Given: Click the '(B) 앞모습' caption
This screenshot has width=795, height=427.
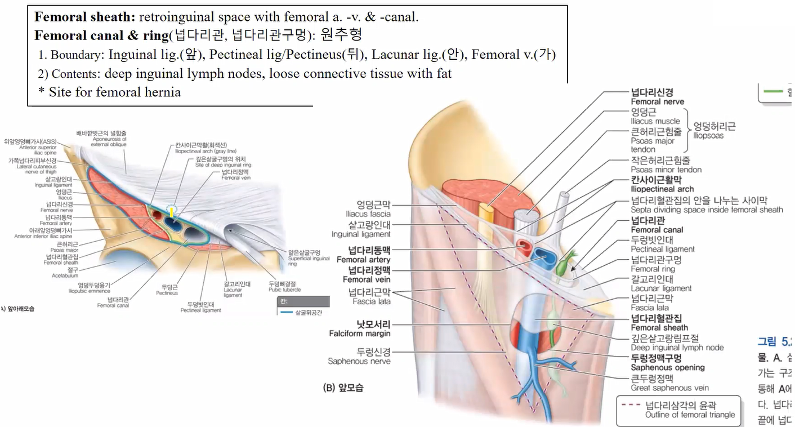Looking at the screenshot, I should click(343, 388).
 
